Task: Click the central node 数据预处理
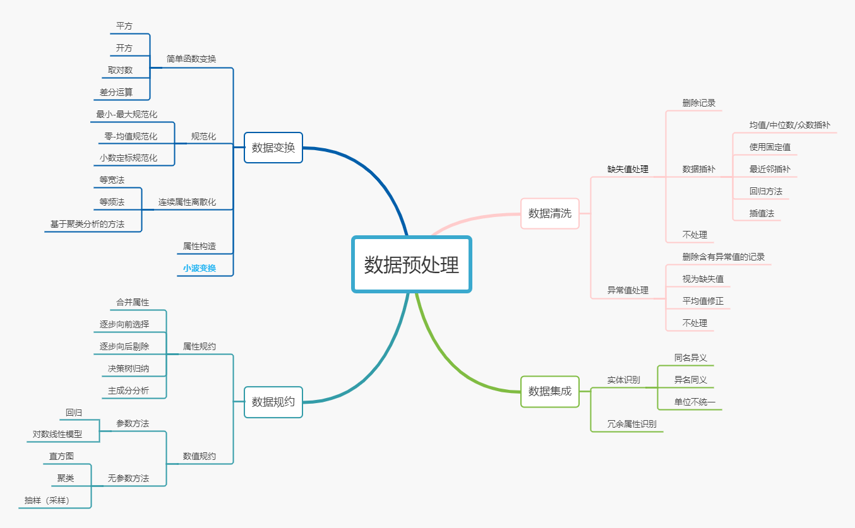pos(412,264)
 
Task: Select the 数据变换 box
pos(273,148)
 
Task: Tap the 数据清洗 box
pos(549,213)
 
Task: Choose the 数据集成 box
pos(549,391)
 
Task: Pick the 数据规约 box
pos(273,402)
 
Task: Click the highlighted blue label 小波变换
pos(200,268)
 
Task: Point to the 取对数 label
pos(120,70)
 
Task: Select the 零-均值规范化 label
pos(131,136)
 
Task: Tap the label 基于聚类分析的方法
pos(87,224)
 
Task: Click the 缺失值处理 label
pos(628,169)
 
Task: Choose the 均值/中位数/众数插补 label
pos(789,125)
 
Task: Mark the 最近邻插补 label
pos(769,169)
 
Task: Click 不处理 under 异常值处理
pos(695,323)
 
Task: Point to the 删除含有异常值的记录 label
pos(723,257)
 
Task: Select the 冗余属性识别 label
pos(631,424)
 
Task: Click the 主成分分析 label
pos(128,390)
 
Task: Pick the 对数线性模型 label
pos(57,434)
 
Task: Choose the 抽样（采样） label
pos(47,500)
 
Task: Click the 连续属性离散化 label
pos(187,202)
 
